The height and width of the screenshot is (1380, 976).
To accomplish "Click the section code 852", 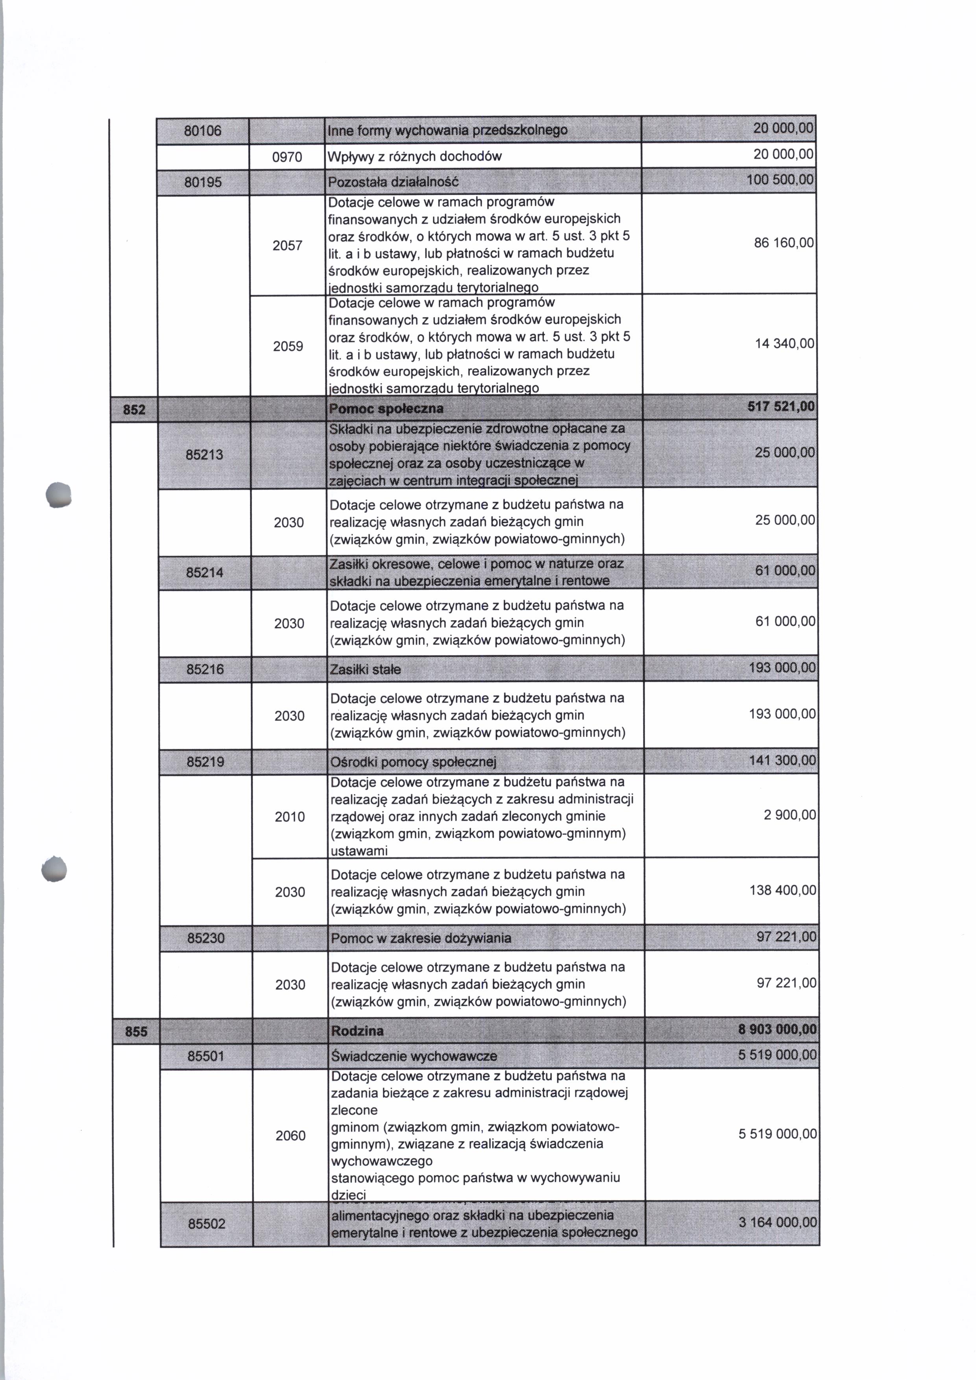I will [x=134, y=410].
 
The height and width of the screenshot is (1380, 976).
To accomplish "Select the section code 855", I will [x=136, y=1031].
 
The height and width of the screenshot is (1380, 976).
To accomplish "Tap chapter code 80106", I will [x=203, y=130].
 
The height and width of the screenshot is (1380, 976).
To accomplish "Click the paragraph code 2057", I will [x=287, y=245].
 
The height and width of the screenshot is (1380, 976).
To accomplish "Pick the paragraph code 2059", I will [x=288, y=346].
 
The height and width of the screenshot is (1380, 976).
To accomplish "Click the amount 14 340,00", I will [x=785, y=344].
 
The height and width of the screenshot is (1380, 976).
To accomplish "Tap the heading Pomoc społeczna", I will [x=386, y=409].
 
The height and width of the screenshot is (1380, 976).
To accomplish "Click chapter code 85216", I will [x=205, y=669].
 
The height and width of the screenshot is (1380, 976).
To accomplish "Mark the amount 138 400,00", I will [x=782, y=890].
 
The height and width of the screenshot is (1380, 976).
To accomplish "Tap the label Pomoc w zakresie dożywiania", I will [x=421, y=938].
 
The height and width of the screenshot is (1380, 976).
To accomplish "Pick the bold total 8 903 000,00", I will [x=777, y=1030].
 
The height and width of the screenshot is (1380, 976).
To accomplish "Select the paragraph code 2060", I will [x=290, y=1135].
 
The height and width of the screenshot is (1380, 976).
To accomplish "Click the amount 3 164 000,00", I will [x=778, y=1223].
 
